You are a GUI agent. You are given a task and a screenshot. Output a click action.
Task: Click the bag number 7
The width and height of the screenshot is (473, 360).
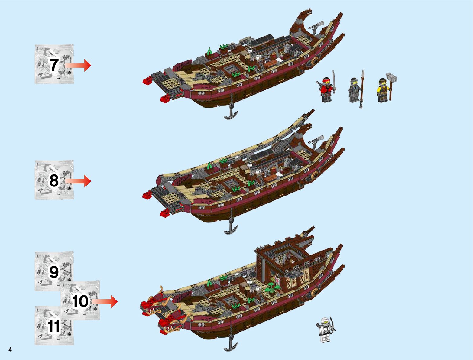(x=54, y=65)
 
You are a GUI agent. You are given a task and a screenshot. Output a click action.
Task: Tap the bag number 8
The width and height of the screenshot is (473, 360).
(x=54, y=180)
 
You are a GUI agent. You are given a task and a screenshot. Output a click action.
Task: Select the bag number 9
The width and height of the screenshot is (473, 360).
(x=54, y=272)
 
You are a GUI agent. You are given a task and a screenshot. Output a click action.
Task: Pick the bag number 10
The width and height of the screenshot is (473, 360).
(x=80, y=301)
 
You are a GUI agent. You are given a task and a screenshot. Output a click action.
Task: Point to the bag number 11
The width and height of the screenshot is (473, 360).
(x=54, y=326)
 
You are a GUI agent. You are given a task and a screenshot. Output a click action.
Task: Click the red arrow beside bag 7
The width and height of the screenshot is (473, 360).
(x=78, y=65)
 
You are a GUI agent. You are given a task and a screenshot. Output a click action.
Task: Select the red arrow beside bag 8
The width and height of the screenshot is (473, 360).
(x=78, y=181)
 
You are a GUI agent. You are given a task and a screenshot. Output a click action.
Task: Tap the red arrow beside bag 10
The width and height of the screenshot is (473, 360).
(x=105, y=301)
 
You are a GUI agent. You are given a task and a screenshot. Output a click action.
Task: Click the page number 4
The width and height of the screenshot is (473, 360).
(x=10, y=350)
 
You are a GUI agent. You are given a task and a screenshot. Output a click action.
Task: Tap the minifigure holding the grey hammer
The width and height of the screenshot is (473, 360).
(x=383, y=90)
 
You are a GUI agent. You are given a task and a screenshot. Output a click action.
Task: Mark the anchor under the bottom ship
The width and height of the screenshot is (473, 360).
(x=231, y=345)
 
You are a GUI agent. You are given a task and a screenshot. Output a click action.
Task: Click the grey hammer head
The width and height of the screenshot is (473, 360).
(x=393, y=77)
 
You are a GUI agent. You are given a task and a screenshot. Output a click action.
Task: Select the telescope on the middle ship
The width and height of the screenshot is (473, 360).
(x=317, y=140)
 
